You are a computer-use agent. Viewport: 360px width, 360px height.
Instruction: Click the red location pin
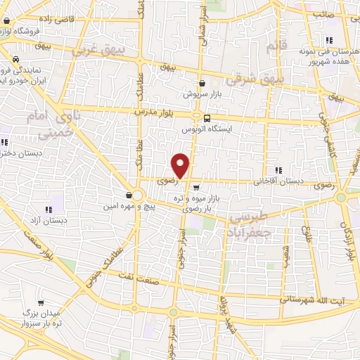point(181,165)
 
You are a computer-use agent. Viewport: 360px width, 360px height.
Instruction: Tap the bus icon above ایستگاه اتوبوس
point(207,118)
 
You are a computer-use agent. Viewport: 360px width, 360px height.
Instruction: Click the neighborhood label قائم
point(273,46)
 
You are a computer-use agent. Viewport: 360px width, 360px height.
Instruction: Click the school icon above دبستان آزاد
point(49,209)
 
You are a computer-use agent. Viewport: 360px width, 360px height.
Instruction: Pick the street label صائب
point(323,13)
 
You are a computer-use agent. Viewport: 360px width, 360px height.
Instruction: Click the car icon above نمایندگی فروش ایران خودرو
point(15,59)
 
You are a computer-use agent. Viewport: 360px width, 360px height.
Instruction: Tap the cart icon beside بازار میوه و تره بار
point(195,188)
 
